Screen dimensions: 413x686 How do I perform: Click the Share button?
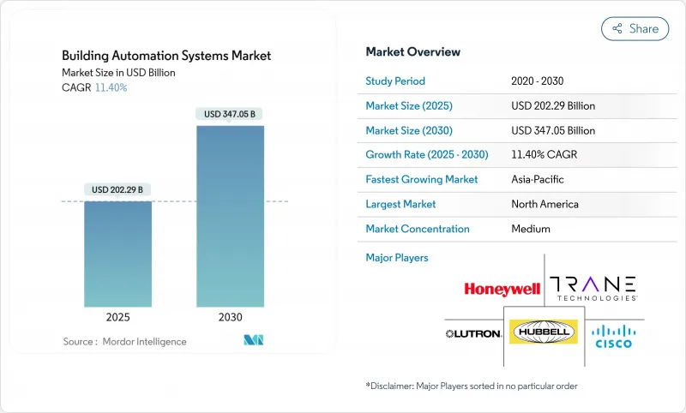click(635, 28)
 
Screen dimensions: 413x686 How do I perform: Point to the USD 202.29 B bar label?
click(117, 189)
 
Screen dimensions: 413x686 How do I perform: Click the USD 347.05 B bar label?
click(230, 114)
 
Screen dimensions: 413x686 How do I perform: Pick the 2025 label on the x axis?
click(117, 317)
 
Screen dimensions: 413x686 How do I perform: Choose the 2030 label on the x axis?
click(230, 317)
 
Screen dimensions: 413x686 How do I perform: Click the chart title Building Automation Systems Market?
click(166, 56)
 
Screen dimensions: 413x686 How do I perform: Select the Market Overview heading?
click(412, 52)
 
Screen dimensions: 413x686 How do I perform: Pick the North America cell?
click(545, 204)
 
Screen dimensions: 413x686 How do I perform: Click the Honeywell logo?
click(502, 289)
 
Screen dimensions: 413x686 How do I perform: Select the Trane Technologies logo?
click(593, 287)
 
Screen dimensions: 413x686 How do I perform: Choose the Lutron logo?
click(472, 332)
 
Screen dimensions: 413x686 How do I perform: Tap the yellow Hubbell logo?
click(543, 332)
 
